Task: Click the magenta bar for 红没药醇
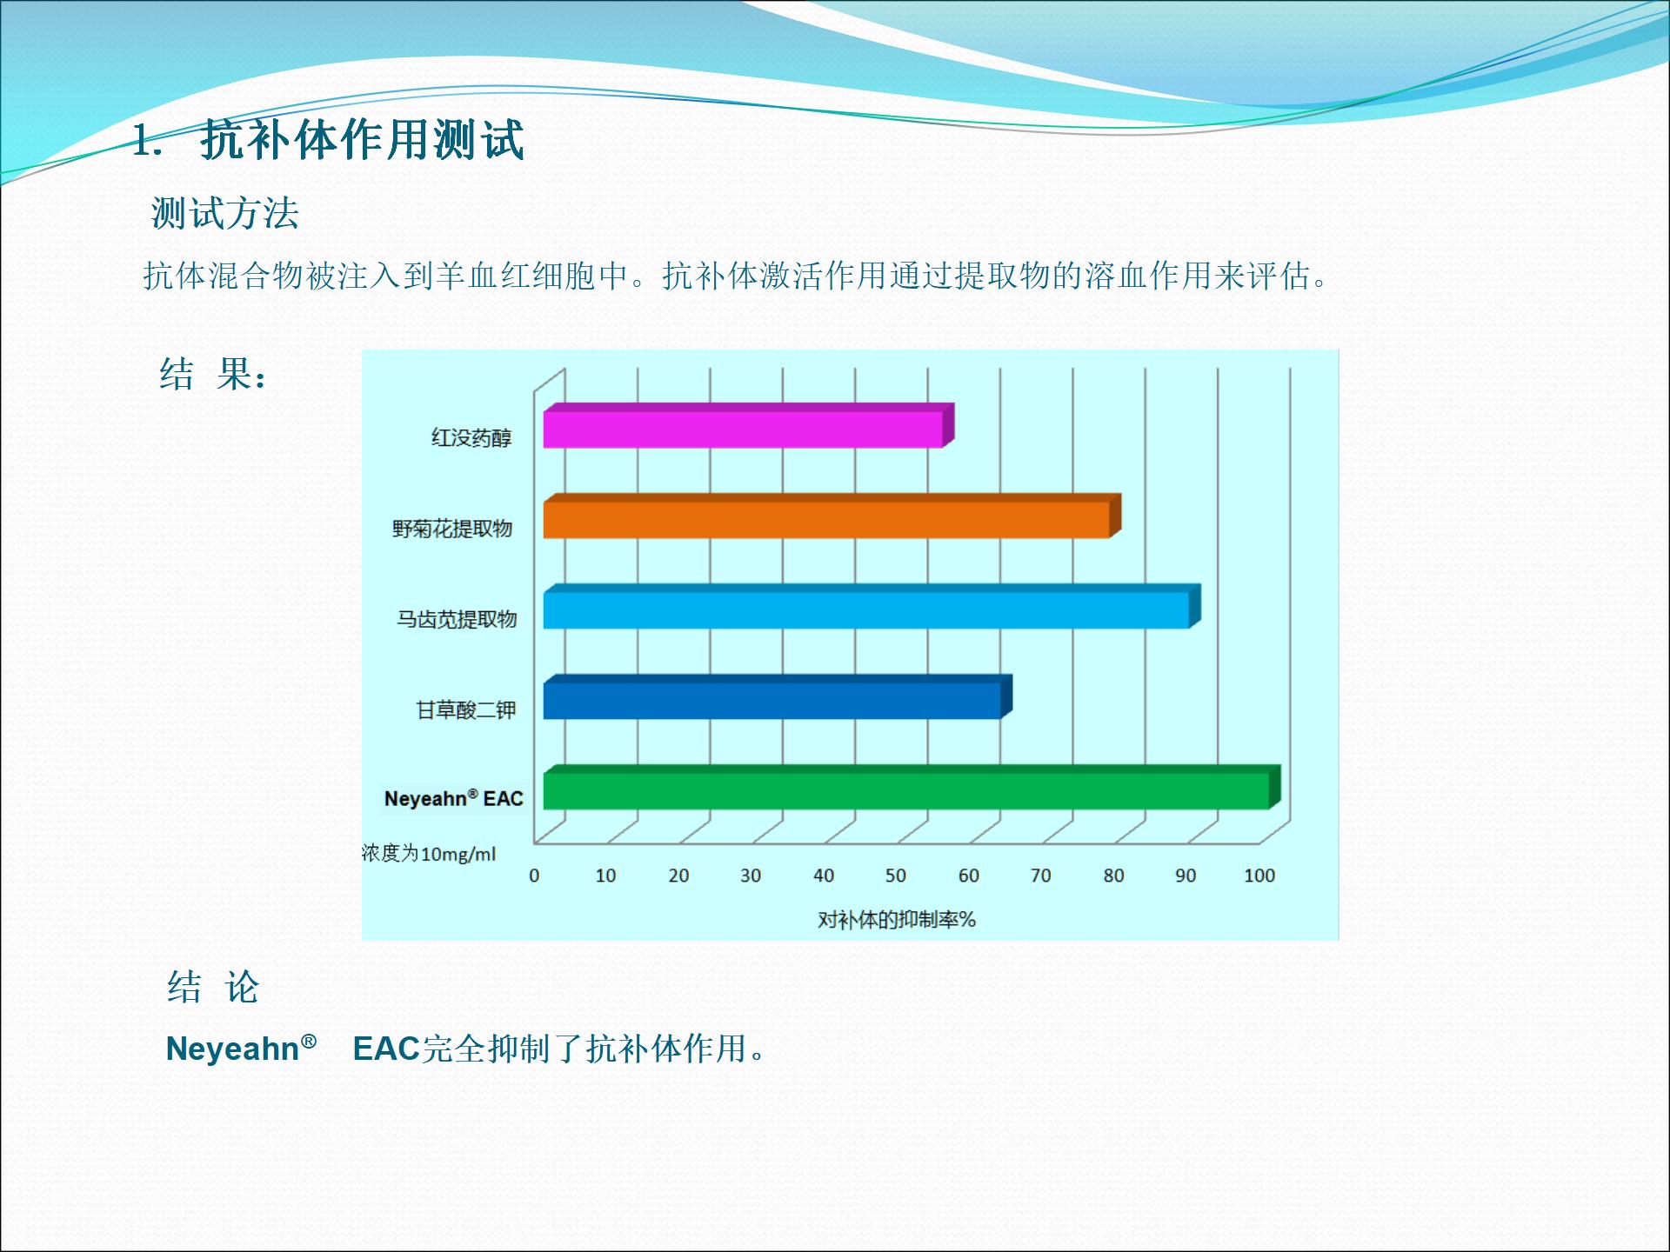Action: click(x=749, y=426)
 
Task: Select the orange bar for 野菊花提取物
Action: click(x=832, y=516)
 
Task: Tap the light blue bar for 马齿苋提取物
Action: click(x=872, y=607)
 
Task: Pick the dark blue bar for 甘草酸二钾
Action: click(x=778, y=697)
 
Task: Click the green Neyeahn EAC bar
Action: click(x=912, y=788)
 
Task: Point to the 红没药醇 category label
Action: click(x=471, y=437)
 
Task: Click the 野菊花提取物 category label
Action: click(x=452, y=529)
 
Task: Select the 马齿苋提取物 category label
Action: click(x=457, y=619)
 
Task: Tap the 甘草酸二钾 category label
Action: click(x=466, y=710)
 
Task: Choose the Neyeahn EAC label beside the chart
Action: click(x=454, y=798)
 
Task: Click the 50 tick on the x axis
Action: click(x=896, y=876)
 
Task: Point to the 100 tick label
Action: click(x=1259, y=876)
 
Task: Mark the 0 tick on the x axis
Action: click(x=534, y=876)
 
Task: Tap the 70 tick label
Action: click(x=1041, y=876)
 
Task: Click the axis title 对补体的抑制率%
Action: click(x=897, y=920)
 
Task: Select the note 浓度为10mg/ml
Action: click(x=429, y=854)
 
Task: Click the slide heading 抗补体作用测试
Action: click(x=363, y=140)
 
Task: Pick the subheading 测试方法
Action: click(x=225, y=213)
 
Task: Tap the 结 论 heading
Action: click(x=213, y=988)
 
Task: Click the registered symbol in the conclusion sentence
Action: click(x=309, y=1041)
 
